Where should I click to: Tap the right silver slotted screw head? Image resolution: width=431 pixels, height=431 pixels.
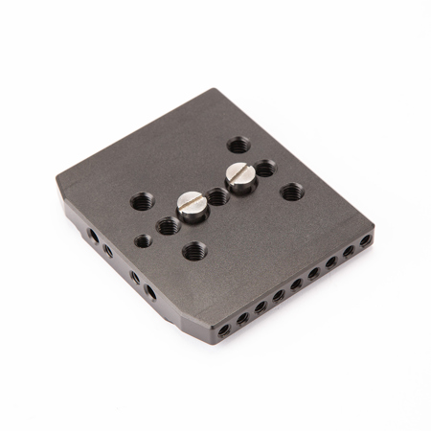click(x=239, y=174)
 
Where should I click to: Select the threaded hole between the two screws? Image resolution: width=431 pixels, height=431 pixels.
click(x=218, y=197)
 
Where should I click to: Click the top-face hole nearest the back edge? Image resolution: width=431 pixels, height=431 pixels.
click(x=238, y=147)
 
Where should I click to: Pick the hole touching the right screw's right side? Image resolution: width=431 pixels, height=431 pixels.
click(x=264, y=170)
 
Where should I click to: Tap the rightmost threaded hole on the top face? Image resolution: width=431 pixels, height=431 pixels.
click(x=290, y=192)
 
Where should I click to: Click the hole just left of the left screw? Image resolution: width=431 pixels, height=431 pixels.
click(x=168, y=227)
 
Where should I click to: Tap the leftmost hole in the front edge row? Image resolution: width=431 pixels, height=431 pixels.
click(x=223, y=329)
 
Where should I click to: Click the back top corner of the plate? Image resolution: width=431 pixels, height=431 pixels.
click(x=215, y=92)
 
